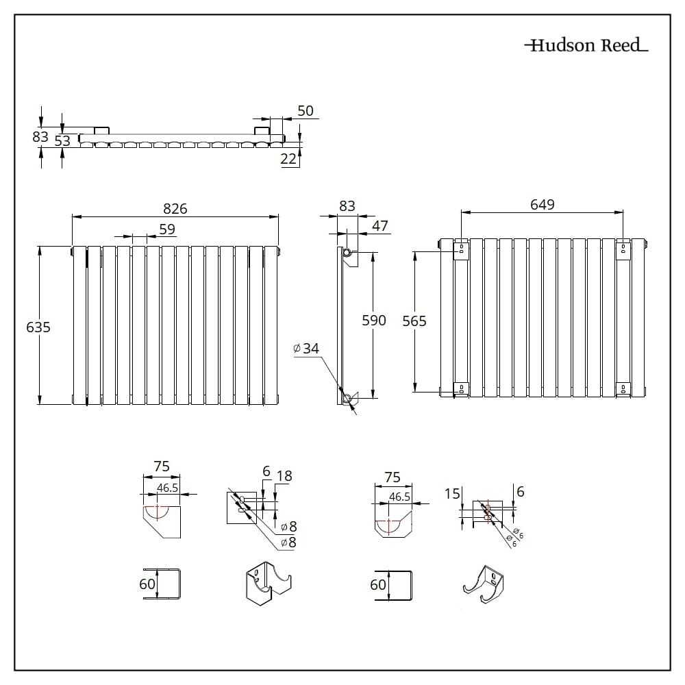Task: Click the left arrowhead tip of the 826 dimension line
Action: pyautogui.click(x=72, y=216)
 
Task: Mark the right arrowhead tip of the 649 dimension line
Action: pyautogui.click(x=623, y=213)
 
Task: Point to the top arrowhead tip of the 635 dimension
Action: pyautogui.click(x=40, y=247)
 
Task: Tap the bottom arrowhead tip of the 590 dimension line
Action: pyautogui.click(x=373, y=399)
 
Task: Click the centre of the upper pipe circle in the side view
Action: pyautogui.click(x=347, y=253)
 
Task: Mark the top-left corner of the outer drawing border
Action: pyautogui.click(x=14, y=14)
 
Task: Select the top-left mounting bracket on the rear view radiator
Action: pyautogui.click(x=461, y=249)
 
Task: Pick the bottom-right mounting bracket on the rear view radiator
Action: pyautogui.click(x=623, y=389)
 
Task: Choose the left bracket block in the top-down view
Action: pyautogui.click(x=101, y=131)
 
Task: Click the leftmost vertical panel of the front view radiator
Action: pyautogui.click(x=79, y=325)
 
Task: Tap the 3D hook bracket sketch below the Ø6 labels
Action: pyautogui.click(x=484, y=585)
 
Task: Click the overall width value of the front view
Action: pyautogui.click(x=175, y=209)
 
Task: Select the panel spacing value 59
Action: pyautogui.click(x=167, y=229)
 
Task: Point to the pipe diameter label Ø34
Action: pyautogui.click(x=306, y=348)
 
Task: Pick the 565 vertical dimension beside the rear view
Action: pyautogui.click(x=414, y=321)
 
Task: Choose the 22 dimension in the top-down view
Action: pyautogui.click(x=288, y=159)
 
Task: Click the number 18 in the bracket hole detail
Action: pyautogui.click(x=284, y=476)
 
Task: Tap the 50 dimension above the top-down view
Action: pyautogui.click(x=306, y=110)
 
